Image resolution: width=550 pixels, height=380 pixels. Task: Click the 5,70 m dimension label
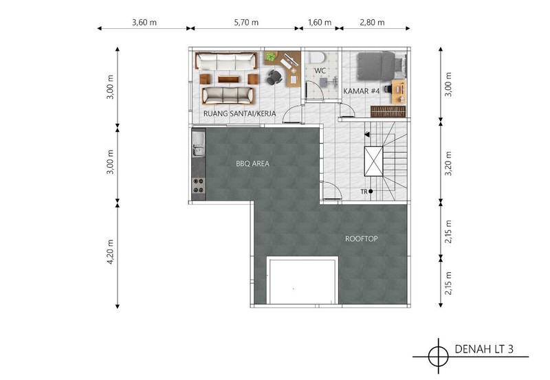click(x=246, y=23)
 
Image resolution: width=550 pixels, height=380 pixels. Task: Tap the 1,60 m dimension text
click(x=320, y=23)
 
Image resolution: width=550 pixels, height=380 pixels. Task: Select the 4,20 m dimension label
click(x=111, y=252)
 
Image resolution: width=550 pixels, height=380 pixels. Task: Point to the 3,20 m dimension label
click(x=448, y=164)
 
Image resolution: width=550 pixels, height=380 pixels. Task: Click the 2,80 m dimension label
click(x=372, y=23)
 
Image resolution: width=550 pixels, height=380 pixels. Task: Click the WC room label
click(x=320, y=71)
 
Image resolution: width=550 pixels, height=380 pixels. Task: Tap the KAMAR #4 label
click(x=362, y=91)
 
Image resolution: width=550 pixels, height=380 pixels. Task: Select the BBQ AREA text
click(x=252, y=164)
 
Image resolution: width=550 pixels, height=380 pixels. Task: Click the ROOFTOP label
click(x=362, y=238)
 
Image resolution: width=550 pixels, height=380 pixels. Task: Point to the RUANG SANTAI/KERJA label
click(x=239, y=113)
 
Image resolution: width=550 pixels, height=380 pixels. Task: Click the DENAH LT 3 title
click(x=484, y=349)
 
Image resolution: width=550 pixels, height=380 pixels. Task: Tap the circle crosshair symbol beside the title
click(x=438, y=357)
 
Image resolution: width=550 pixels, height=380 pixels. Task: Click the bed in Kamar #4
click(x=382, y=67)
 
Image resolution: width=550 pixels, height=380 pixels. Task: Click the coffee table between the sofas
click(x=228, y=79)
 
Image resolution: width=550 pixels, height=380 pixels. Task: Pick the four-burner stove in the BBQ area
click(x=198, y=186)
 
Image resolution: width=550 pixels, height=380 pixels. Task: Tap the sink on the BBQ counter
click(x=198, y=144)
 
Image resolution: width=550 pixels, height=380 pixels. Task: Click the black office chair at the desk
click(x=274, y=77)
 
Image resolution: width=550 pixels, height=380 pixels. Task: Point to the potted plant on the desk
click(x=270, y=57)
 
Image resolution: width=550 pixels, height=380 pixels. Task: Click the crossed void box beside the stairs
click(x=373, y=161)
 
